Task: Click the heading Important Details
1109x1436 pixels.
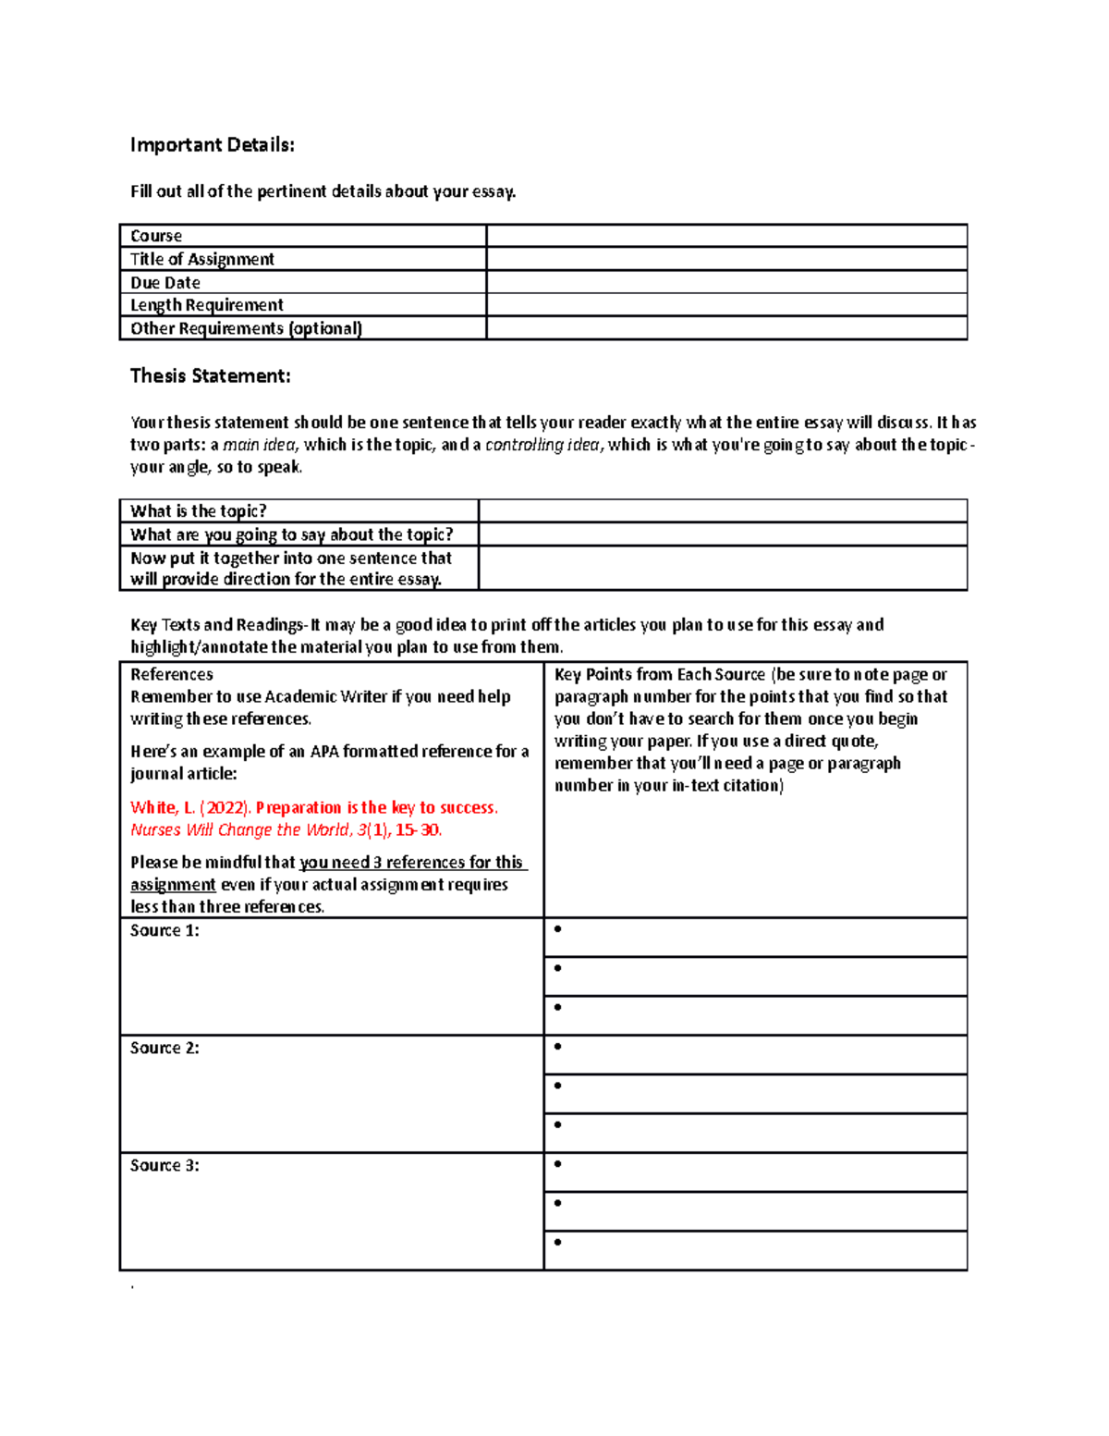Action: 212,145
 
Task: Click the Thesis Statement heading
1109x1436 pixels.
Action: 210,375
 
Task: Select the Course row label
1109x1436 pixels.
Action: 156,236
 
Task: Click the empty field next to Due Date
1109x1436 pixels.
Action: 725,282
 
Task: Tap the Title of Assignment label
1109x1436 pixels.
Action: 201,259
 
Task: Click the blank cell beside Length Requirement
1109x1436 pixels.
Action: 725,305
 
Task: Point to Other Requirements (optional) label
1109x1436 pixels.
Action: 246,328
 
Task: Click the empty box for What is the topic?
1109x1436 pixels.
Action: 722,510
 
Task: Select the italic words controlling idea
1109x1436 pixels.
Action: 542,445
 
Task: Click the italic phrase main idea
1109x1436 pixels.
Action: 259,445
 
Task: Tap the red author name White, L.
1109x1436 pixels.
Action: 163,807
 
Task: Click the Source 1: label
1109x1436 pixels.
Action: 165,930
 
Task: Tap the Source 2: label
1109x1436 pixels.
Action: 165,1048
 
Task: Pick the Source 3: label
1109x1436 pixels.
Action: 165,1165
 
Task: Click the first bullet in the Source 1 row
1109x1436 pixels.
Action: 557,929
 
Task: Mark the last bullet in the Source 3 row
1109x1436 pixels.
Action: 557,1242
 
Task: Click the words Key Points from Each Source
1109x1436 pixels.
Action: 660,675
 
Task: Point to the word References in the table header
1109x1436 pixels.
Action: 172,675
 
